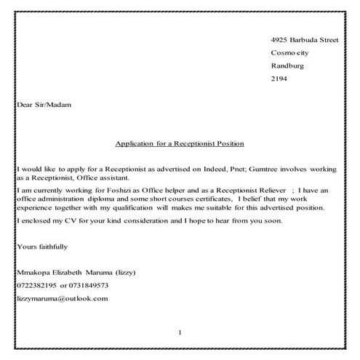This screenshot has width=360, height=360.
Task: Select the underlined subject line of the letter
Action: (x=180, y=143)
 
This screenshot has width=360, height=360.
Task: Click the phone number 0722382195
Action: (x=36, y=285)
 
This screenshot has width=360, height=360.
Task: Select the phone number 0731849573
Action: (x=89, y=285)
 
